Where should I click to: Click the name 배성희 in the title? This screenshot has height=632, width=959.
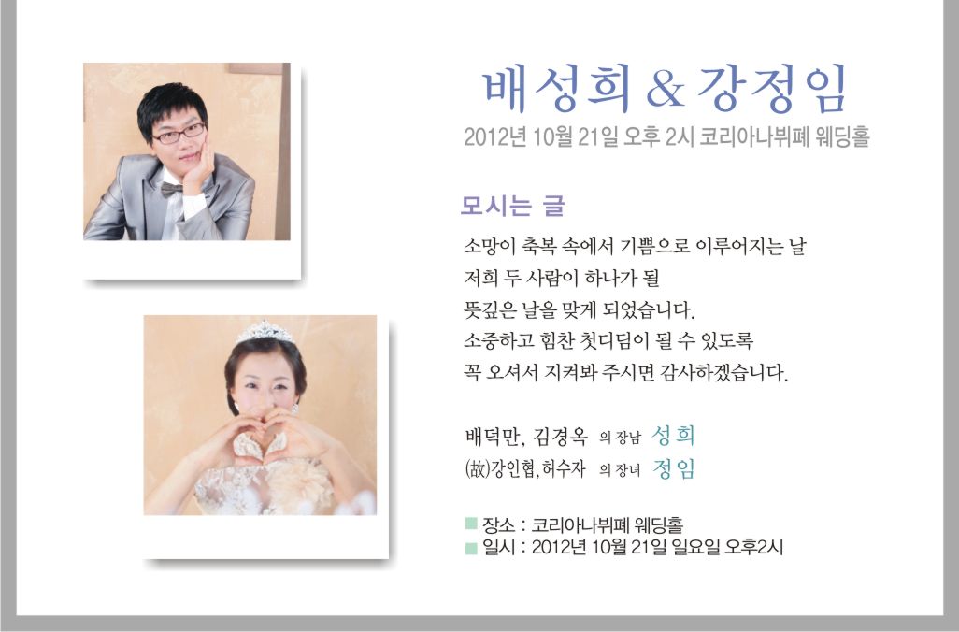coord(557,90)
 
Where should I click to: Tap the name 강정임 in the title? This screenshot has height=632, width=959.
coord(772,90)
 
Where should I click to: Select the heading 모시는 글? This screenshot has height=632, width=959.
coord(512,207)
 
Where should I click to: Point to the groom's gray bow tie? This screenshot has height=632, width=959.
coord(172,190)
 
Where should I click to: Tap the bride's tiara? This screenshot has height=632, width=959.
coord(265,332)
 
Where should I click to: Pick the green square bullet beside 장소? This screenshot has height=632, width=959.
coord(471,524)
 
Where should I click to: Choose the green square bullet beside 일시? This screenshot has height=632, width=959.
coord(471,547)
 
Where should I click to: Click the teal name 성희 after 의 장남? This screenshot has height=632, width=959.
coord(673,436)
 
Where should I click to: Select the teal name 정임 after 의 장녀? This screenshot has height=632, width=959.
coord(673,468)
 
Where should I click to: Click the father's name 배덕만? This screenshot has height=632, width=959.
coord(492,437)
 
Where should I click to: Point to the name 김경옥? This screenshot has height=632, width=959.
coord(560,437)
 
